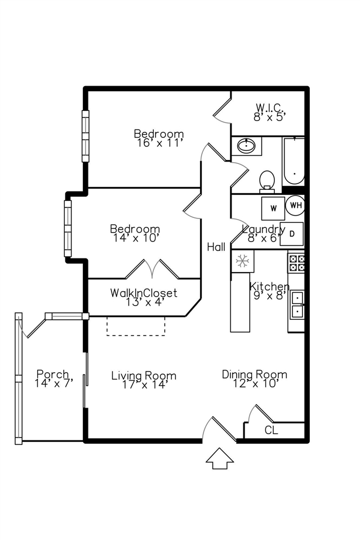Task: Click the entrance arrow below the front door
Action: (x=220, y=458)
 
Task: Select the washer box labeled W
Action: (x=273, y=208)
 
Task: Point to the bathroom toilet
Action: (x=267, y=181)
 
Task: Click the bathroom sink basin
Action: (x=246, y=146)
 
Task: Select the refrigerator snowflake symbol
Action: (x=242, y=261)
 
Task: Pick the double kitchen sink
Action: (x=296, y=304)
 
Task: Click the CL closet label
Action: (x=270, y=431)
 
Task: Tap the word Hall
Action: (x=216, y=247)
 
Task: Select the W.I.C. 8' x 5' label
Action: (x=270, y=112)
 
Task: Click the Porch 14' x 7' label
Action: (x=53, y=378)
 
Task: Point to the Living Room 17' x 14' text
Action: (x=143, y=380)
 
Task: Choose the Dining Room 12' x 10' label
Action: (x=254, y=379)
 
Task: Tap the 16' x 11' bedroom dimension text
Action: (x=159, y=143)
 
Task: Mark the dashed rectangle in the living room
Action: (x=136, y=326)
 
